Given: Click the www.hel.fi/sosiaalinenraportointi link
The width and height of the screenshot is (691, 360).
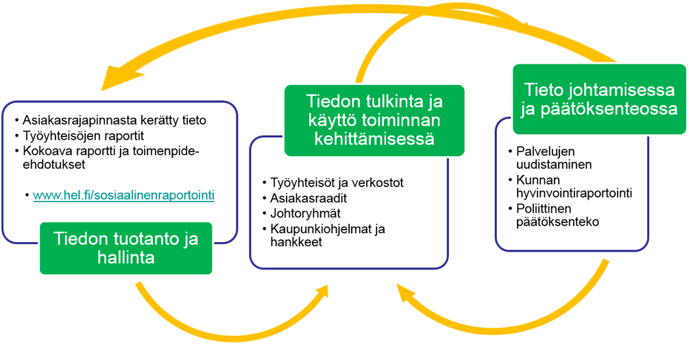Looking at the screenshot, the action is (x=123, y=195).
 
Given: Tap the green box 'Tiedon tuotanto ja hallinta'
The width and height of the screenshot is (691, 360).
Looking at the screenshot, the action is (x=126, y=248).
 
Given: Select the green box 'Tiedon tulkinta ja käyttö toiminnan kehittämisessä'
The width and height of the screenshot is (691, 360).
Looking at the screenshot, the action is (x=374, y=120).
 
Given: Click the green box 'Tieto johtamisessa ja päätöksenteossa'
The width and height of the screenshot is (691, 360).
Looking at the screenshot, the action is (x=599, y=99).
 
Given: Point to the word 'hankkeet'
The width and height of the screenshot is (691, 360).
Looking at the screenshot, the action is (x=296, y=242).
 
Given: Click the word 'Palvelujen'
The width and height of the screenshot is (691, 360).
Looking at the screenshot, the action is (x=546, y=152).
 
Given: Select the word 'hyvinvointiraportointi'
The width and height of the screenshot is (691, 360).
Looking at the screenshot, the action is (x=574, y=193).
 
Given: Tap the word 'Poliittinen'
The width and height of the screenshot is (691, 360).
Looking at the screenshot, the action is (x=544, y=208).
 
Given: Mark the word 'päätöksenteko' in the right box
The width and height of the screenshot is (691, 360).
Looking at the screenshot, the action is (x=557, y=221).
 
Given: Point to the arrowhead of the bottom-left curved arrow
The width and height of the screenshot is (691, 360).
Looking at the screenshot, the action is (x=319, y=294).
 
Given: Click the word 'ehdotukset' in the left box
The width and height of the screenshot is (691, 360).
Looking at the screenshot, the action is (x=54, y=165).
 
